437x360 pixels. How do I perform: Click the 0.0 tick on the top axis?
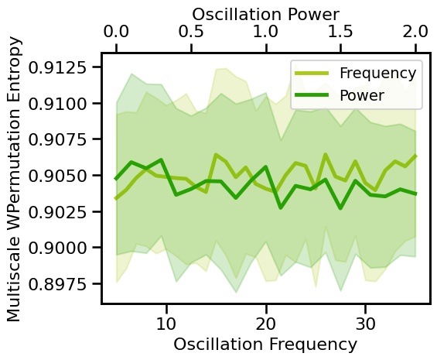116,33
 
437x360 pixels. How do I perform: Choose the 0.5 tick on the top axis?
191,33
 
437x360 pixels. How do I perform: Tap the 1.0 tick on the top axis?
266,33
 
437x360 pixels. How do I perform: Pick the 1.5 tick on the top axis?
341,33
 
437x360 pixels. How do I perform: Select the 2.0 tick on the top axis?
415,33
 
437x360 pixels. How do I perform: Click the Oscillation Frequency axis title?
265,344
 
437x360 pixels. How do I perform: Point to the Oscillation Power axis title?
265,12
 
